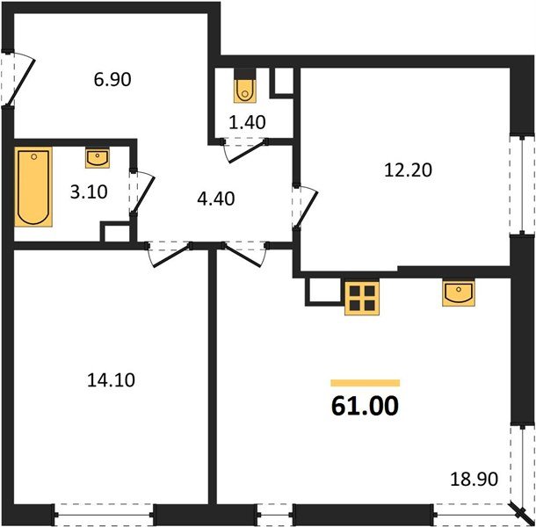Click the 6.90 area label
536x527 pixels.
(x=112, y=80)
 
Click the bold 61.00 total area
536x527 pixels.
(x=365, y=406)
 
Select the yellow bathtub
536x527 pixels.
(x=33, y=187)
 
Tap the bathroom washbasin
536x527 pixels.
(x=98, y=158)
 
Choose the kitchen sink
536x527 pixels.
(x=458, y=292)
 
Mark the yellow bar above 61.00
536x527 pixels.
(x=365, y=383)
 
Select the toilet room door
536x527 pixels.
(x=242, y=150)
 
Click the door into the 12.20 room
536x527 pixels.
(x=305, y=204)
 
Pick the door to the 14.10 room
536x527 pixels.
(x=168, y=254)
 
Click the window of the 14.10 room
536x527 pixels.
(x=104, y=511)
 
